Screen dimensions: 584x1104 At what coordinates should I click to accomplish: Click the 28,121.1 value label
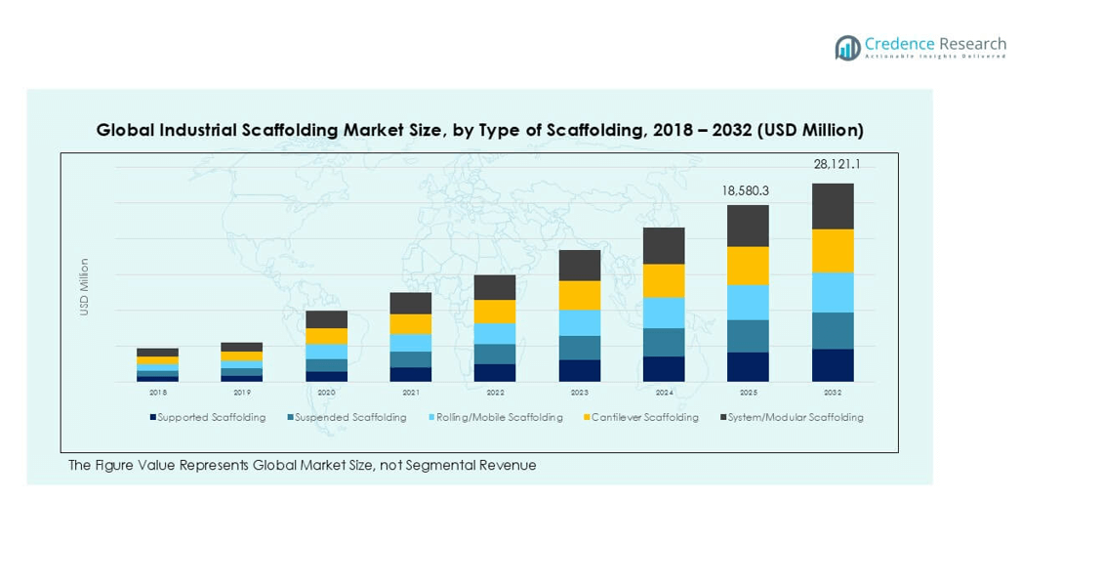point(837,165)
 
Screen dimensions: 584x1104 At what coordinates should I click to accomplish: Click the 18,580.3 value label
point(746,190)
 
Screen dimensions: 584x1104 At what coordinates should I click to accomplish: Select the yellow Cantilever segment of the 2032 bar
point(833,251)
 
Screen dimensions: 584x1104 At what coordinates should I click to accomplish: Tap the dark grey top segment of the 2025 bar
point(748,226)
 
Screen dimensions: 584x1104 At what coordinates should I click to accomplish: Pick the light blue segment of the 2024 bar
point(664,313)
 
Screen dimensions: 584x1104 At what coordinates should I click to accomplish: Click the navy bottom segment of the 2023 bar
point(579,370)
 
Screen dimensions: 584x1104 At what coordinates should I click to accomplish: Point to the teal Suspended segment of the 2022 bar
point(495,354)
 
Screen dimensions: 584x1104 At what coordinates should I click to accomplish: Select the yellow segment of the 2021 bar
point(411,324)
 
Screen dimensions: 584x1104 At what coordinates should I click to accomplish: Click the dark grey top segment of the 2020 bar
point(326,319)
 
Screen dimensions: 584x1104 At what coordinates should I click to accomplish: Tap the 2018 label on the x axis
point(157,393)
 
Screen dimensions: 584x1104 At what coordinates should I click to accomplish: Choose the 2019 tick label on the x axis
point(242,393)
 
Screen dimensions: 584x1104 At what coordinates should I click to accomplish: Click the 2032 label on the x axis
point(833,393)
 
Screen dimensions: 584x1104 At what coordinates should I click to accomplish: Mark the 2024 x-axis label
point(664,393)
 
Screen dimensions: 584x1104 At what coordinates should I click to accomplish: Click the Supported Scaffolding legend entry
point(208,418)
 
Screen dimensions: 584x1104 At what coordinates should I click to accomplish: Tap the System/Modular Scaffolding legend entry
point(792,418)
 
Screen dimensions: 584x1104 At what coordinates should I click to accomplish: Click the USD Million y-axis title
point(85,286)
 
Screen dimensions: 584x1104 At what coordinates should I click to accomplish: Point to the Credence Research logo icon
point(847,48)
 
